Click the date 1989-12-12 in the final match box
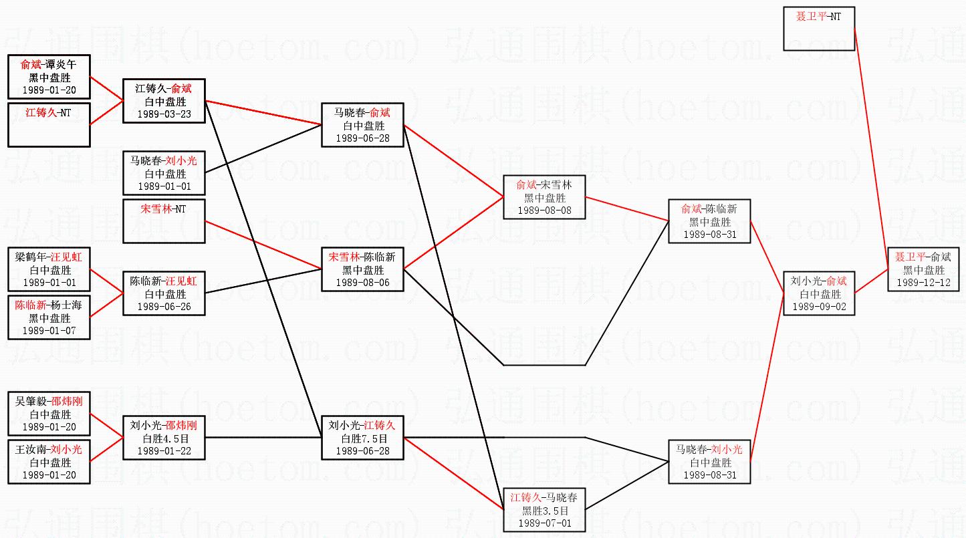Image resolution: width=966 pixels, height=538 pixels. [924, 283]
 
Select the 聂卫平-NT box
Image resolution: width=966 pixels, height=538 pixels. [819, 29]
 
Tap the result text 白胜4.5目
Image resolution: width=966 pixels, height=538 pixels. [164, 438]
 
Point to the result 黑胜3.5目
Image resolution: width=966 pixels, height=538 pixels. [545, 510]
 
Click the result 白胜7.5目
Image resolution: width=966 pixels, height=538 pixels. [362, 438]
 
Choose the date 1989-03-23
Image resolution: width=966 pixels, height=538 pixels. [164, 114]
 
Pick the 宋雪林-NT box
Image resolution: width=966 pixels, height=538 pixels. [164, 221]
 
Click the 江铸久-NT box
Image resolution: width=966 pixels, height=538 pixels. [49, 124]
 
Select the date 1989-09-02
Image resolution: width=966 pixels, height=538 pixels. [819, 306]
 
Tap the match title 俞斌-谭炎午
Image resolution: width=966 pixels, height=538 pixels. [49, 65]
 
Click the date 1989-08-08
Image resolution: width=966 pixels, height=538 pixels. [545, 211]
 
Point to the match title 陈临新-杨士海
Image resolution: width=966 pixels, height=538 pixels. [49, 305]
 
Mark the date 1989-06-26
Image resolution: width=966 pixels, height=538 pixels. [164, 306]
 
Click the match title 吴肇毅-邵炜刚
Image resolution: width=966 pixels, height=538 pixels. [49, 401]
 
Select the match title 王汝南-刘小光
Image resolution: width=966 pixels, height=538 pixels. [49, 450]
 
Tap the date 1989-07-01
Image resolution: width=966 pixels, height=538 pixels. [545, 523]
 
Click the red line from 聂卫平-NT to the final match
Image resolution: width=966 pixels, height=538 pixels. [871, 147]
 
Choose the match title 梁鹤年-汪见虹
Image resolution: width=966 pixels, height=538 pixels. [49, 257]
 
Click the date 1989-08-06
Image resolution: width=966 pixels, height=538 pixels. [362, 283]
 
